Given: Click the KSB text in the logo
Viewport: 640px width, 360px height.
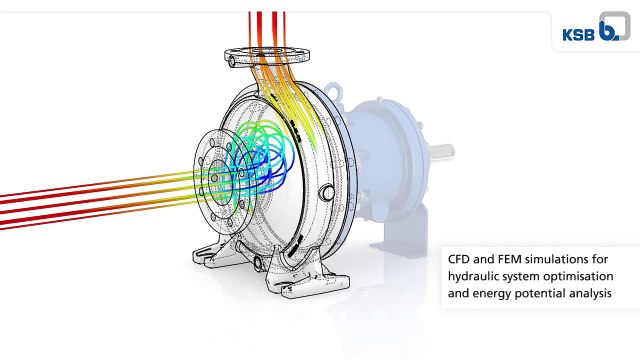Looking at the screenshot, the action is click(x=578, y=35).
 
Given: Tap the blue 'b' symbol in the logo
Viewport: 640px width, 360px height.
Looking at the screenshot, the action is click(x=608, y=31).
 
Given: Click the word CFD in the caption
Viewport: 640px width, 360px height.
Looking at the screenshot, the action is click(x=459, y=259).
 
